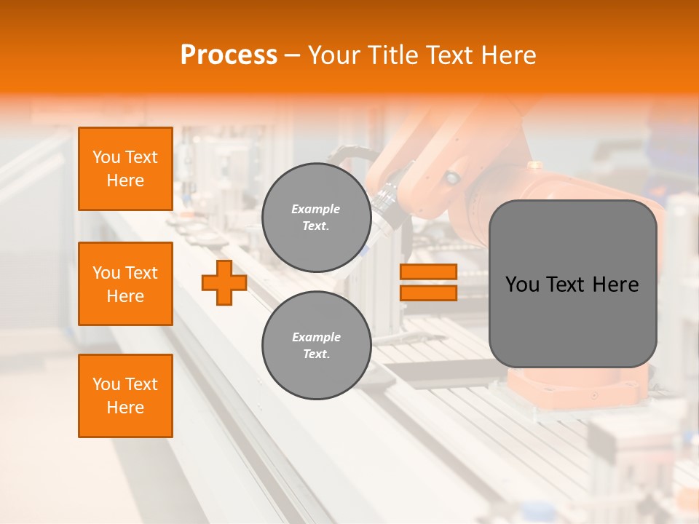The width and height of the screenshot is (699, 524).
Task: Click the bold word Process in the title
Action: (x=229, y=55)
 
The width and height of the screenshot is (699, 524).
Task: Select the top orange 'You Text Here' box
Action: (x=125, y=169)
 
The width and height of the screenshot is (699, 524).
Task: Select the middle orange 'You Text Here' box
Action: (x=125, y=284)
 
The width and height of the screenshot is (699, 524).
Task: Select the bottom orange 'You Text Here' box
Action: (x=125, y=396)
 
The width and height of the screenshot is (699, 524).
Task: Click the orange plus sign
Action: (x=224, y=284)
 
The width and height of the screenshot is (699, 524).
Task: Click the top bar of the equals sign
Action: (x=428, y=272)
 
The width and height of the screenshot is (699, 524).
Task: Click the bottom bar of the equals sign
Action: (x=428, y=293)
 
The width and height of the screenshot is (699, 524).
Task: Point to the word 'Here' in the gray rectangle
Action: (x=616, y=285)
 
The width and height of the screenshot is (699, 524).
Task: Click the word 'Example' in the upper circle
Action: (x=316, y=210)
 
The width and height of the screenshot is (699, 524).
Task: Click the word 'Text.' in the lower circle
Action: (x=316, y=354)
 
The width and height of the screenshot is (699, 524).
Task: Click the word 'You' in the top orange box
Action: (x=106, y=157)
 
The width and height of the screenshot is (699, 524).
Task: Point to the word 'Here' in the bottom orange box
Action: (x=125, y=408)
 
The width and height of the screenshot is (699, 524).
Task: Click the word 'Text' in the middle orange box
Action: (x=141, y=273)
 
